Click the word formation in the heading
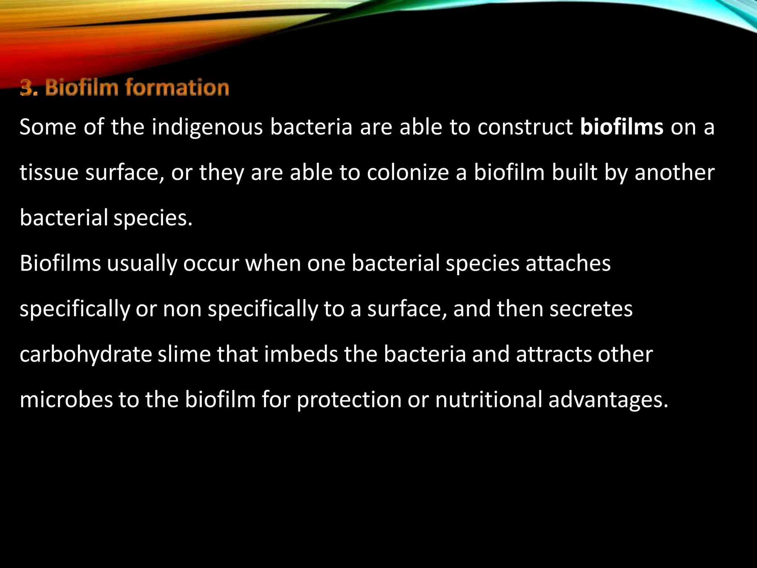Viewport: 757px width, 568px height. [x=177, y=88]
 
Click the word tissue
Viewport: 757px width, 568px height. [x=49, y=173]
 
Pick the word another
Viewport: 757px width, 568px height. [x=675, y=173]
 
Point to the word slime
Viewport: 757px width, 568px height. [x=184, y=354]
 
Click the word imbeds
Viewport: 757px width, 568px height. [x=301, y=354]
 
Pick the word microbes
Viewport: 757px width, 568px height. [x=66, y=400]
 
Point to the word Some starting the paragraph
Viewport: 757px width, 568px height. [x=48, y=127]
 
